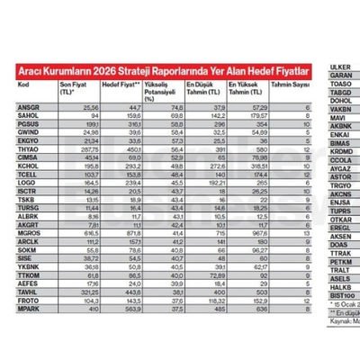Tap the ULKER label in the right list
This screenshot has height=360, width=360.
341,67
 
